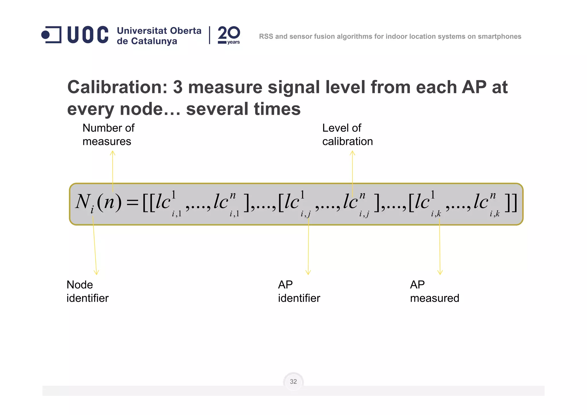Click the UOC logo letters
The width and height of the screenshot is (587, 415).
pos(88,35)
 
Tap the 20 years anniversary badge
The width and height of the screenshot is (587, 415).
pos(229,35)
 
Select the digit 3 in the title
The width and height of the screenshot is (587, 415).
pos(178,87)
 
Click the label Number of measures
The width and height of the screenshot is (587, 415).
pos(108,135)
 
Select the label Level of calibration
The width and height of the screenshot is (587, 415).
pos(347,135)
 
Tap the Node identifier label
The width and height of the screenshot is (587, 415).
pos(87,291)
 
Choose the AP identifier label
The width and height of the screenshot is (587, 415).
pos(299,291)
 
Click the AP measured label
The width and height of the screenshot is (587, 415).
pos(435,291)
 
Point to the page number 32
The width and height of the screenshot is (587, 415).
pos(293,381)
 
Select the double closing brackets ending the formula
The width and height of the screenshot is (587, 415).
pos(511,203)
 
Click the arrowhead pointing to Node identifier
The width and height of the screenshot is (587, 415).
pos(96,272)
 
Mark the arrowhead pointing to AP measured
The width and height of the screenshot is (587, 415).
pos(440,272)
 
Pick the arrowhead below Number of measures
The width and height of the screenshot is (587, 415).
pos(113,153)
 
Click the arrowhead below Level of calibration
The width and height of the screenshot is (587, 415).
pos(353,153)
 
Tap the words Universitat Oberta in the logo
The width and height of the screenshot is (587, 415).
pos(159,31)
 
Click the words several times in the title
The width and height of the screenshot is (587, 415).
pos(243,109)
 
